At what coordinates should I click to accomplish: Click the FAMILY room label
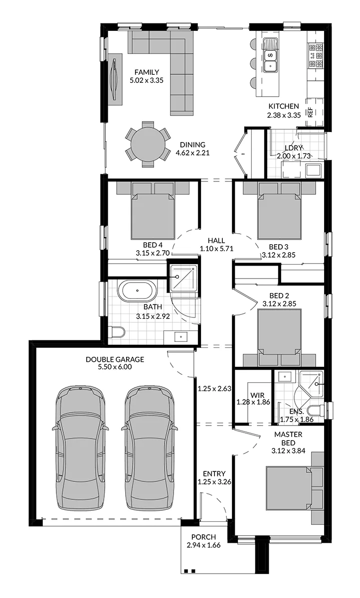(147, 72)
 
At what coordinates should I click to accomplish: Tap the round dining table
(148, 145)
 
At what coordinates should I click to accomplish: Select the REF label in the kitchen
(310, 112)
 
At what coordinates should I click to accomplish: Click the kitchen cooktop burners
(316, 55)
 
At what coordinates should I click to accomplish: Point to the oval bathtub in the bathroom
(137, 291)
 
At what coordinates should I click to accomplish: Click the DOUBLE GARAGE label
(115, 359)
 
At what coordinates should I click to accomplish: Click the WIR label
(257, 395)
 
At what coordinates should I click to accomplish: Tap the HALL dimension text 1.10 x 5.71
(216, 249)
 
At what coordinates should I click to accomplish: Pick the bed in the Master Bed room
(289, 488)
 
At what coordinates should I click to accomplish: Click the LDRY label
(293, 148)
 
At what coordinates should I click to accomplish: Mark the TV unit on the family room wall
(115, 79)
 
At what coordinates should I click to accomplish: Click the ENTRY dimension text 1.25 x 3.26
(214, 481)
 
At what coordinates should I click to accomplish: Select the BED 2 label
(279, 296)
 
